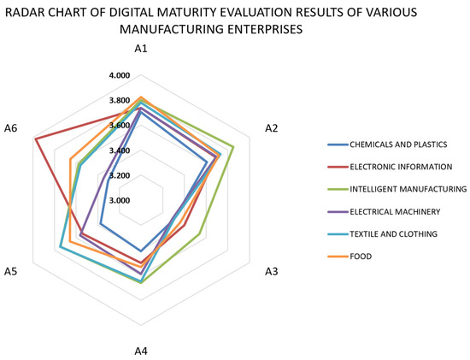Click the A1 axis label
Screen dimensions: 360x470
point(142,50)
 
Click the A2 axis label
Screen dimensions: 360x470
point(272,128)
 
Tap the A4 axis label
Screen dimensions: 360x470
point(142,350)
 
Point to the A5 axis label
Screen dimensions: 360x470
point(11,271)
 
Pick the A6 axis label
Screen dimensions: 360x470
point(11,128)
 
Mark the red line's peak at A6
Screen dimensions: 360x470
point(34,139)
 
